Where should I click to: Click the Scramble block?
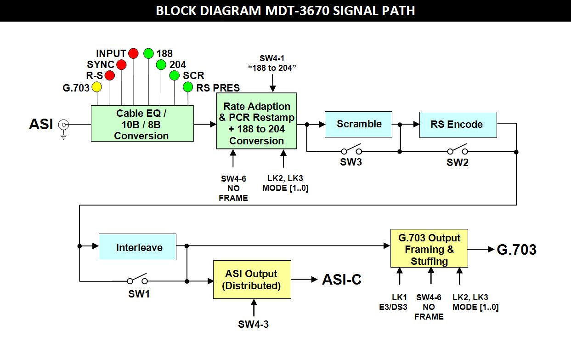pos(359,124)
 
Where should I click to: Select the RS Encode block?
pos(458,125)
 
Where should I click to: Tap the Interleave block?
pos(138,247)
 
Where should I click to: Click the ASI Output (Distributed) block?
pos(252,280)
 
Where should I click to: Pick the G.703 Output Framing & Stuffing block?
pos(429,249)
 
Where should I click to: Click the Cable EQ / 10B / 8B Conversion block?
pos(142,124)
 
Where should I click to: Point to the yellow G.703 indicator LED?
pos(96,87)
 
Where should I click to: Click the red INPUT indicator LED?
pos(133,53)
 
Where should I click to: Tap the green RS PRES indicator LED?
pos(188,86)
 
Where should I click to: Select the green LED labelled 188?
pos(148,53)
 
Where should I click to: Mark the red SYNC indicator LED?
pos(121,64)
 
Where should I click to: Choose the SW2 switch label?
pos(458,162)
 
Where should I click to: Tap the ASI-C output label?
pos(342,280)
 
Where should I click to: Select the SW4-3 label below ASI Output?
pos(253,324)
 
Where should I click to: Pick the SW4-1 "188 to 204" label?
pos(272,63)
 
